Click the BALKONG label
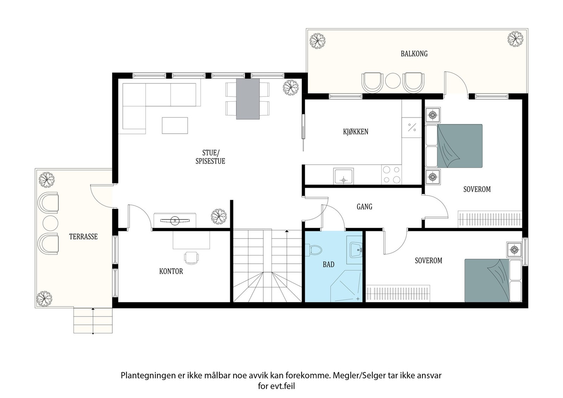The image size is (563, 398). (x=414, y=54)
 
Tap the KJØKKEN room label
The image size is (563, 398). (x=356, y=131)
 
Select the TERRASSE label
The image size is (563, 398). (x=83, y=237)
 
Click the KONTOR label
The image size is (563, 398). (x=171, y=271)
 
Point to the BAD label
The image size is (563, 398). (x=329, y=264)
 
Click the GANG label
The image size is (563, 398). (x=365, y=207)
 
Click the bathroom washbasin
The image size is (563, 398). (x=355, y=250)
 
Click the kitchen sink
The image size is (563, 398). (x=343, y=176)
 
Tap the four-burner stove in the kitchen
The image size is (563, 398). (x=391, y=175)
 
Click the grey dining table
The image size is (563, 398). (x=248, y=99)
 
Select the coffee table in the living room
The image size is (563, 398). (x=175, y=126)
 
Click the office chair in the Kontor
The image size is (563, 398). (x=191, y=258)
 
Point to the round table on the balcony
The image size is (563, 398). (x=393, y=81)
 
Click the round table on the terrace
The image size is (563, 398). (x=51, y=223)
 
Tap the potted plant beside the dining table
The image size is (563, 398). (x=291, y=88)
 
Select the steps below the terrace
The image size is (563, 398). (x=93, y=321)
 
